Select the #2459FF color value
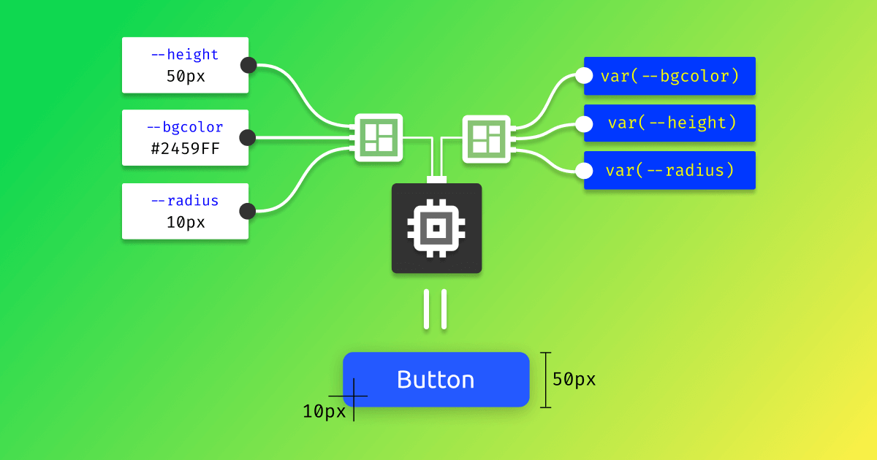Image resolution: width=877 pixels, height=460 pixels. coord(185,148)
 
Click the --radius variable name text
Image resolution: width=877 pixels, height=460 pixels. coord(185,201)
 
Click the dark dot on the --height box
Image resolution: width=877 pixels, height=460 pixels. coord(248,65)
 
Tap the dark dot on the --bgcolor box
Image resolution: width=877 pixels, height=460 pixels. coord(247,137)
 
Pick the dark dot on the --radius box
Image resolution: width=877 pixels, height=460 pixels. coord(248,212)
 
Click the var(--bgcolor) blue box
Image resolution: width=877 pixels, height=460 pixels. coord(669,76)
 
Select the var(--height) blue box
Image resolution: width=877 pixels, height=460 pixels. coord(669,123)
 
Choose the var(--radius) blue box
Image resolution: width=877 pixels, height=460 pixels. coord(669,170)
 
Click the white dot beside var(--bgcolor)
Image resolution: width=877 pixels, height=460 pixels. coord(584,76)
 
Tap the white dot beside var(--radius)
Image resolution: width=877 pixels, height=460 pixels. coord(584,172)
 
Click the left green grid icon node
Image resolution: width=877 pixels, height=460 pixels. coord(379,137)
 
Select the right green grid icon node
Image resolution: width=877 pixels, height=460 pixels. coord(487,137)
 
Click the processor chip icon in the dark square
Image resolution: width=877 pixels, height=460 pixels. coord(436,229)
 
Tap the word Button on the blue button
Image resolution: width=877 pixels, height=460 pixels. coord(436,380)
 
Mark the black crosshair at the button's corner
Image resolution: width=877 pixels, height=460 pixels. coord(354,396)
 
